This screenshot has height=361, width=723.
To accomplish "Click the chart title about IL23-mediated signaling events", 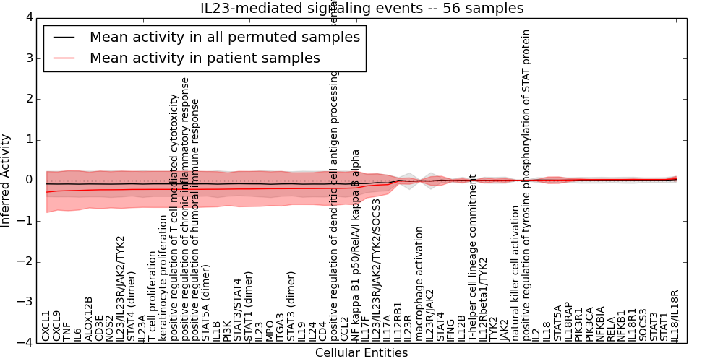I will coord(361,9).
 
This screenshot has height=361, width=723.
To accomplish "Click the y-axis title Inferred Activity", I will coord(7,180).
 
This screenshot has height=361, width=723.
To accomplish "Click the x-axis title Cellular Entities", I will coord(361,353).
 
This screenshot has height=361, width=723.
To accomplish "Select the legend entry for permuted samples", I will coord(224,37).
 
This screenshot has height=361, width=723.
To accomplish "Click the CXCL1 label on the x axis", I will coord(46,326).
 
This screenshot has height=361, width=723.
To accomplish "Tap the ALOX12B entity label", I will coord(89,318).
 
